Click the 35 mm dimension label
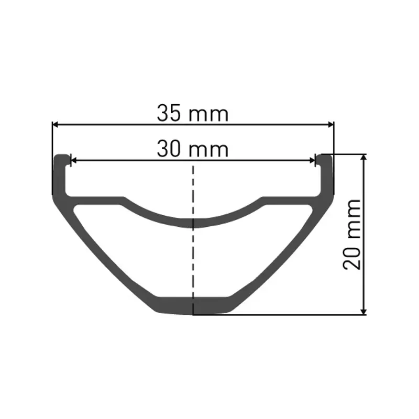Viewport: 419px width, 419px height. pos(193,113)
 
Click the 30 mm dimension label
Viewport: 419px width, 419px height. pos(193,149)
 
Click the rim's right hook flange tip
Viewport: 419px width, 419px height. pos(325,157)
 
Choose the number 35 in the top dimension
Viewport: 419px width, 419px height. pos(169,113)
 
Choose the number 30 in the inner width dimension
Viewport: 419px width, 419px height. pos(169,149)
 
